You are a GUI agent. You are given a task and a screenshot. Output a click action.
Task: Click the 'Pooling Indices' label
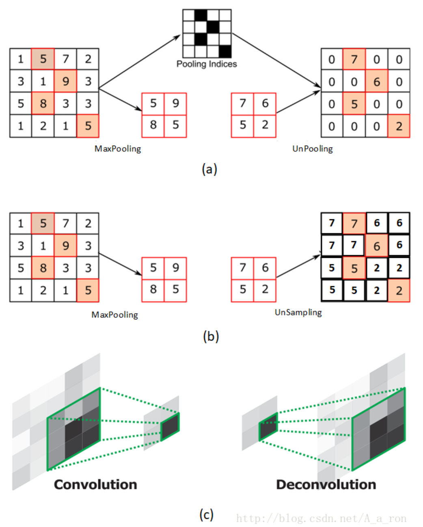point(207,64)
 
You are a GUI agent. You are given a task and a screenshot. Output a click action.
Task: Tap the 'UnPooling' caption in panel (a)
point(313,149)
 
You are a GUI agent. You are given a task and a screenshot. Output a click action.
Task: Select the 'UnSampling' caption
point(298,313)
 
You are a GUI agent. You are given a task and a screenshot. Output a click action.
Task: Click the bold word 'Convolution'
point(95,484)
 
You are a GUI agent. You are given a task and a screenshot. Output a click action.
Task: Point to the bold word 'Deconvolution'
point(326,484)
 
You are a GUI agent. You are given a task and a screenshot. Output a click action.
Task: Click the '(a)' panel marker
point(209,169)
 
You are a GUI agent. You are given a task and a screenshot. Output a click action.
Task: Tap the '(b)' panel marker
point(211,336)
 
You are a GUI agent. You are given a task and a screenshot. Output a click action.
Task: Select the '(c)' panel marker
point(207,514)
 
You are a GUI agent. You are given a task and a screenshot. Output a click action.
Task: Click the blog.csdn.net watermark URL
point(321,518)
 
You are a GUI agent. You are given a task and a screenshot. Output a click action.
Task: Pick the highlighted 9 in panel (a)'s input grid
point(65,81)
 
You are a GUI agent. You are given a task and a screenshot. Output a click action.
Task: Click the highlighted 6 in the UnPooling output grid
point(377,81)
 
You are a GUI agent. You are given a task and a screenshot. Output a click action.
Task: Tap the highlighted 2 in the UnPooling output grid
point(399,126)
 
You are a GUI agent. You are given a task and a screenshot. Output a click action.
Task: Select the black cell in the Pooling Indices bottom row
point(225,51)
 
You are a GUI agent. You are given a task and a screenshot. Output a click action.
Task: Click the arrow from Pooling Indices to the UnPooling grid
point(276,60)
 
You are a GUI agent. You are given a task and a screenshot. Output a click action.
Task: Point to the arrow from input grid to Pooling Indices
point(139,62)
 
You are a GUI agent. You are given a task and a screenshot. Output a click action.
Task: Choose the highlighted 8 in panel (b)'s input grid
point(43,268)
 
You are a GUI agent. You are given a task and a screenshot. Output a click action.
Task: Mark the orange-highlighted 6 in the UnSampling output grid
point(377,246)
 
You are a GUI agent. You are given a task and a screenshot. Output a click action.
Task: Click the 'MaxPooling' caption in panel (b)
point(115,315)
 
